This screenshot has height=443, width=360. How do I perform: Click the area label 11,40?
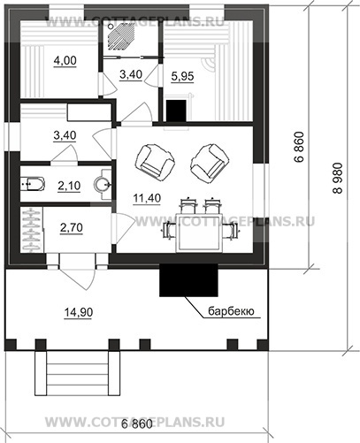pyautogui.click(x=147, y=199)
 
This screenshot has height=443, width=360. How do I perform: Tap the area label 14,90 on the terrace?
pyautogui.click(x=79, y=312)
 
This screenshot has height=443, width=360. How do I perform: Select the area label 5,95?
pyautogui.click(x=182, y=77)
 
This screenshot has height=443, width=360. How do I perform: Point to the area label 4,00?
pyautogui.click(x=65, y=61)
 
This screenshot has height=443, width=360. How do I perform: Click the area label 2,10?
pyautogui.click(x=69, y=186)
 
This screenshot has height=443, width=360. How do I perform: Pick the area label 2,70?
pyautogui.click(x=72, y=228)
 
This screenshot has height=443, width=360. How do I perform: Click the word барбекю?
pyautogui.click(x=231, y=311)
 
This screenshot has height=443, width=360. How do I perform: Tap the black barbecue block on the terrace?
pyautogui.click(x=188, y=280)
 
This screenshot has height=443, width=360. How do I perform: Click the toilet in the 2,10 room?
pyautogui.click(x=33, y=184)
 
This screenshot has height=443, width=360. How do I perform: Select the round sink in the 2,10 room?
pyautogui.click(x=103, y=185)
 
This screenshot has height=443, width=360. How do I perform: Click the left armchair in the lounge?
pyautogui.click(x=155, y=163)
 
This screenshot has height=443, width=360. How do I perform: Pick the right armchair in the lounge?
pyautogui.click(x=210, y=163)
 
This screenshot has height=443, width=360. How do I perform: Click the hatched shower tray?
pyautogui.click(x=120, y=36)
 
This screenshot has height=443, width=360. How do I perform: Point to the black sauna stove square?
pyautogui.click(x=176, y=111)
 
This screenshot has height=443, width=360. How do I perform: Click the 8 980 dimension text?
pyautogui.click(x=338, y=179)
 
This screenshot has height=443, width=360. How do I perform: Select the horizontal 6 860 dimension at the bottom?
pyautogui.click(x=137, y=424)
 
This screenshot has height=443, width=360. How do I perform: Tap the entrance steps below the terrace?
pyautogui.click(x=77, y=373)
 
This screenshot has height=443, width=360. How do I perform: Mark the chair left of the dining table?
pyautogui.click(x=170, y=230)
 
